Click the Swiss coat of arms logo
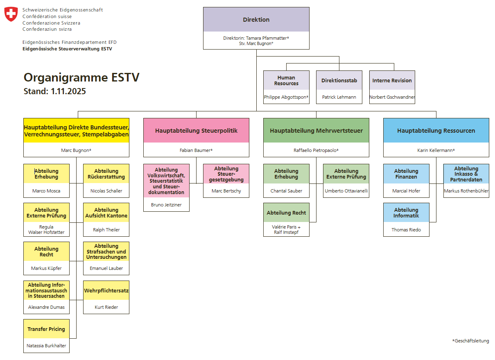11,14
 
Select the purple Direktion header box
256,20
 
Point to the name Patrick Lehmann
339,97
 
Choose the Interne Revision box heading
392,81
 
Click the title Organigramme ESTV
81,77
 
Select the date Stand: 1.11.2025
55,91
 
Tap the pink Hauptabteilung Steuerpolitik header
196,131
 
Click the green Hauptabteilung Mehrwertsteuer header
316,131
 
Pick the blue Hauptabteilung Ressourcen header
436,131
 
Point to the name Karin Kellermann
436,150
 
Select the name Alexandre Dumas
46,307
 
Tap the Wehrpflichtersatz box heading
106,291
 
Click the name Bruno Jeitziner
166,204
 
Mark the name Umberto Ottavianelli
346,191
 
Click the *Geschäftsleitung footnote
470,341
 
